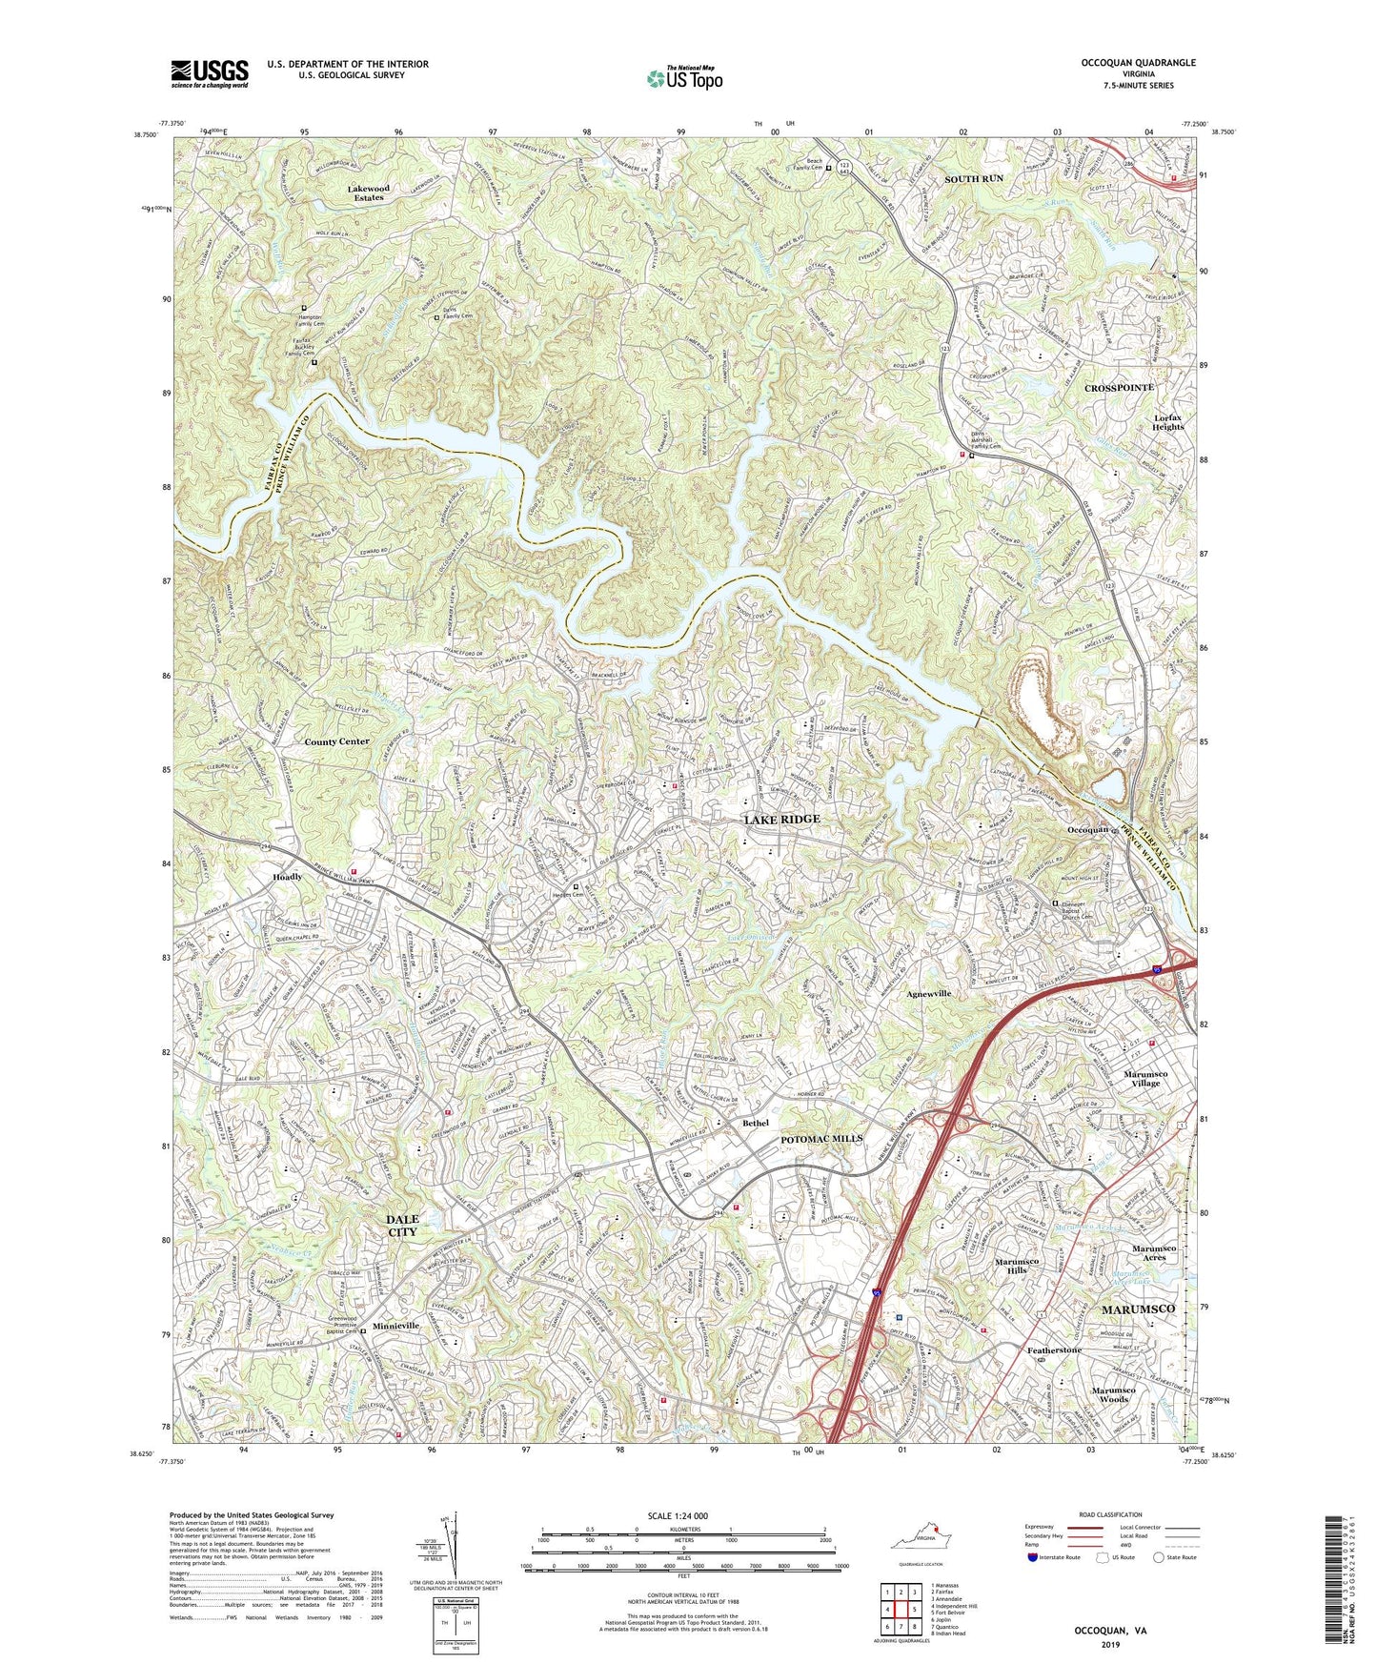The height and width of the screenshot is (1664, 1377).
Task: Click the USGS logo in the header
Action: (210, 73)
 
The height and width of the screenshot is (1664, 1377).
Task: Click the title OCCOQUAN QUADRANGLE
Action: (1124, 63)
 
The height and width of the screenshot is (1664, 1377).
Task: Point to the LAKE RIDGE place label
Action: (781, 820)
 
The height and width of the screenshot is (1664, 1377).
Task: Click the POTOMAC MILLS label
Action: (821, 1139)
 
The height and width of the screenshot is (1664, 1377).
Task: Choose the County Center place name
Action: (336, 741)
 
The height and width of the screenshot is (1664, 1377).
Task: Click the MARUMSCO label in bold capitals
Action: (1138, 1309)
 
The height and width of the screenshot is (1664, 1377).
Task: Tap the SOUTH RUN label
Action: (973, 179)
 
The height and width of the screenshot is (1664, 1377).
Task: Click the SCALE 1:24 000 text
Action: (682, 1516)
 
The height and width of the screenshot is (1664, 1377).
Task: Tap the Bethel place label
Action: (756, 1124)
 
